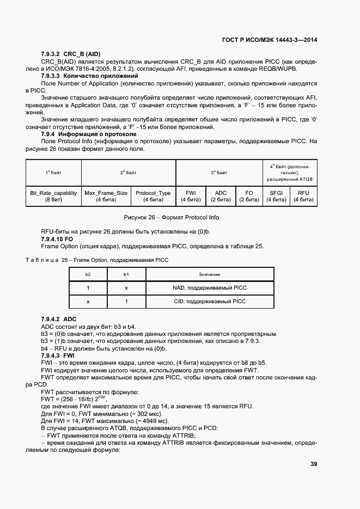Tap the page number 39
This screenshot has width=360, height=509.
pos(314,464)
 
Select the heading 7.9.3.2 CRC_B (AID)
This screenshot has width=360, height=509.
pos(71,55)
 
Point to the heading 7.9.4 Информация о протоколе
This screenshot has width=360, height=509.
pos(88,133)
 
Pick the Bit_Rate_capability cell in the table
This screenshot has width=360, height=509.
pos(53,197)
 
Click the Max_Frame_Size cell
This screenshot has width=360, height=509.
pos(106,197)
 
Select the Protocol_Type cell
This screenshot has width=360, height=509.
pos(153,197)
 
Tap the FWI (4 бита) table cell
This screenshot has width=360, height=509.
pos(191,197)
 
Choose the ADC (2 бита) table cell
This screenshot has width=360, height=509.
pos(221,197)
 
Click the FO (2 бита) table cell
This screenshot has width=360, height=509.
pos(249,197)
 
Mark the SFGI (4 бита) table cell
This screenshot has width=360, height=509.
pos(276,197)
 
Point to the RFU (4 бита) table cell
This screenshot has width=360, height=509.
pos(303,197)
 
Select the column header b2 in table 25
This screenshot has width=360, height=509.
pos(88,274)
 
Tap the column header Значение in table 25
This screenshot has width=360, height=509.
pos(209,274)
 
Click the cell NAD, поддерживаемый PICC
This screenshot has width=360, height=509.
pos(209,287)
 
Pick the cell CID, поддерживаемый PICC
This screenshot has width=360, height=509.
pos(209,301)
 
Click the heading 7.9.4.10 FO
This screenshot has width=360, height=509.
pos(57,239)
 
